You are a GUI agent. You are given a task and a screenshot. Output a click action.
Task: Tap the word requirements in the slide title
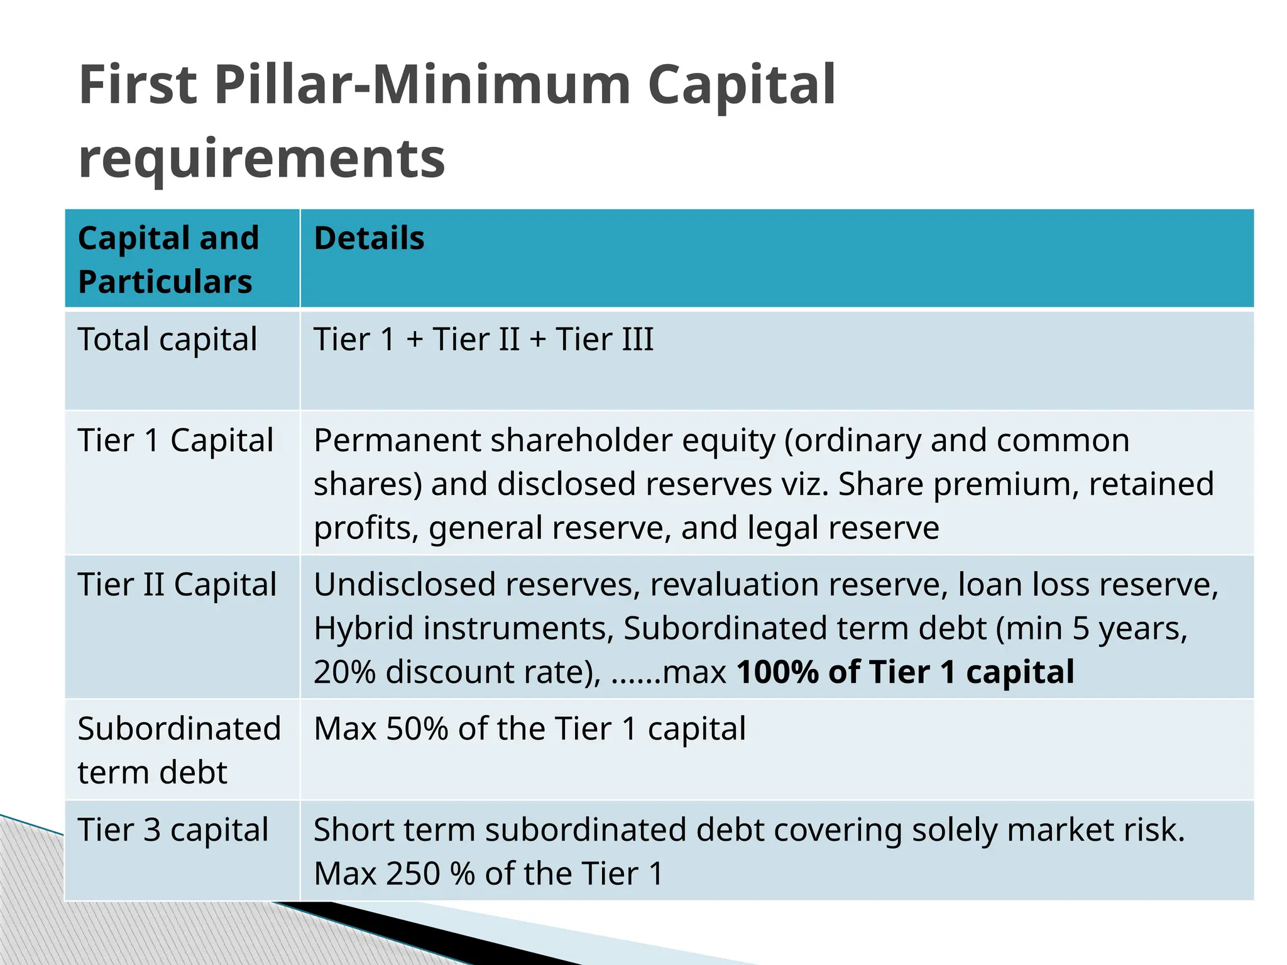click(x=262, y=158)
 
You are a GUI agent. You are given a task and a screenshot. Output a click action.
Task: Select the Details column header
click(x=369, y=239)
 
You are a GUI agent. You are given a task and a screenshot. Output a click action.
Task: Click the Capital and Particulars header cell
click(x=168, y=259)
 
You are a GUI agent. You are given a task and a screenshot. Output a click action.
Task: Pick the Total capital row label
click(x=167, y=340)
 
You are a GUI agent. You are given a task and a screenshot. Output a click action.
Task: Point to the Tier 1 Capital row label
click(x=175, y=440)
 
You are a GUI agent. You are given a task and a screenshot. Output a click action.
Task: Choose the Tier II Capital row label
click(x=177, y=585)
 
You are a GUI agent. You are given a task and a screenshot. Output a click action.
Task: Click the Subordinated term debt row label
click(x=178, y=750)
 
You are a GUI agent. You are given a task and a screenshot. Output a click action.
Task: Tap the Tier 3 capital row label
click(x=173, y=830)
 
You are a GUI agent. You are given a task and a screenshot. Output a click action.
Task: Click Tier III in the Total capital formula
click(x=605, y=340)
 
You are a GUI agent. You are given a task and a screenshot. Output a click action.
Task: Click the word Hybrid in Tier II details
click(x=363, y=628)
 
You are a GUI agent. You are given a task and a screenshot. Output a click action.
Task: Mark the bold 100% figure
click(x=777, y=672)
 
